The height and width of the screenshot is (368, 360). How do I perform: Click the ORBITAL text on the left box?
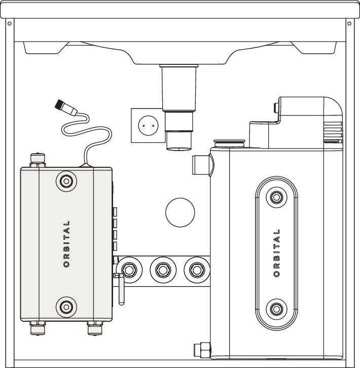pyautogui.click(x=67, y=244)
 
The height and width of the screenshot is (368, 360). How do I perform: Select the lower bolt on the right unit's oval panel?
pyautogui.click(x=276, y=308)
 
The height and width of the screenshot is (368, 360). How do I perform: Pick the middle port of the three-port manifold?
pyautogui.click(x=162, y=270)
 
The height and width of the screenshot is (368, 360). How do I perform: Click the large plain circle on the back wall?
pyautogui.click(x=180, y=212)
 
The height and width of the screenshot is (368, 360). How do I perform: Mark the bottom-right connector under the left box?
pyautogui.click(x=94, y=329)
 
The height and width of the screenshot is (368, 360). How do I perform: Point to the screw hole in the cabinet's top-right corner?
pyautogui.click(x=350, y=23)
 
